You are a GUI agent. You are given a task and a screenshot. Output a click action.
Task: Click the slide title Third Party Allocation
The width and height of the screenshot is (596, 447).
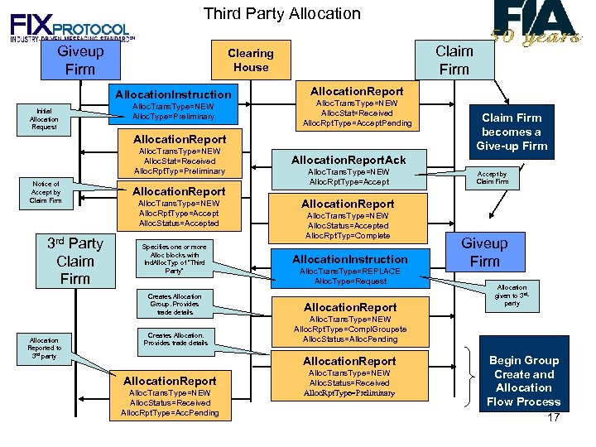pyautogui.click(x=281, y=13)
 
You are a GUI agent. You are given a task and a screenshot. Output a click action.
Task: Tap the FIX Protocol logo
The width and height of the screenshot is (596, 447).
pyautogui.click(x=71, y=24)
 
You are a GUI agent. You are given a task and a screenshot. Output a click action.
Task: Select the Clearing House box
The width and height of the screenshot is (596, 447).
pyautogui.click(x=250, y=60)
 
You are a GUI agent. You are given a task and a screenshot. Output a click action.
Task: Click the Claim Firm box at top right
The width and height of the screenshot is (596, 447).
pyautogui.click(x=454, y=60)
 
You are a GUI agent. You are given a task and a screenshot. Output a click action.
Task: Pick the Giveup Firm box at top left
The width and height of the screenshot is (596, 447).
pyautogui.click(x=79, y=60)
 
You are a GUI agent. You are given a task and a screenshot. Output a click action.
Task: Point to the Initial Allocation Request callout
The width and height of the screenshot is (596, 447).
pyautogui.click(x=44, y=120)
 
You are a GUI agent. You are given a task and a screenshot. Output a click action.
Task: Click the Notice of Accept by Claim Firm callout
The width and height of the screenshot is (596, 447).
pyautogui.click(x=46, y=192)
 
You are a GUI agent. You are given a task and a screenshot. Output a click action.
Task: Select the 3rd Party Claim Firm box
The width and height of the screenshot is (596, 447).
pyautogui.click(x=74, y=261)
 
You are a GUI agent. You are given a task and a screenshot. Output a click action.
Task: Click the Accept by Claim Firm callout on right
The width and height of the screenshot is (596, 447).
pyautogui.click(x=492, y=178)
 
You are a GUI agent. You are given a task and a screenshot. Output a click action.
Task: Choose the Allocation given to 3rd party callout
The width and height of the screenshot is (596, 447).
pyautogui.click(x=512, y=296)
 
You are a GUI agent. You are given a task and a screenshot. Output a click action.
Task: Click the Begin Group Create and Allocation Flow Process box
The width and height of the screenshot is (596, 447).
pyautogui.click(x=523, y=381)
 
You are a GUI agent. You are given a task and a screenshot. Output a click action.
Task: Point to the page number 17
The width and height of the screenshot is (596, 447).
pyautogui.click(x=554, y=417)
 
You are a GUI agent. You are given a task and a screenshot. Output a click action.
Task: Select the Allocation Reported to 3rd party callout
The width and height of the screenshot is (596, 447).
pyautogui.click(x=44, y=348)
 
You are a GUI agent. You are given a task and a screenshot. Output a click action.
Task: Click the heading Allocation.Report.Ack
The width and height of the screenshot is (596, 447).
pyautogui.click(x=348, y=159)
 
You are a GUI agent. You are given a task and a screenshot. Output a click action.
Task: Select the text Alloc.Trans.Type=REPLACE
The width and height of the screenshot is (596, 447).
pyautogui.click(x=349, y=272)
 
